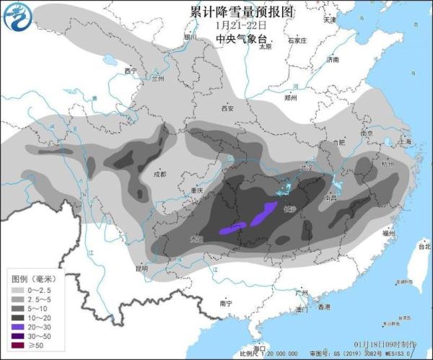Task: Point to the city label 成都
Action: [x=159, y=174]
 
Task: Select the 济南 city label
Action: [x=332, y=61]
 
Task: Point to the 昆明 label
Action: [x=141, y=268]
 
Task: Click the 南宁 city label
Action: [x=226, y=304]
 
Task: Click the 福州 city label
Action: [x=389, y=234]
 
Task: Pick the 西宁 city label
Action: [x=130, y=71]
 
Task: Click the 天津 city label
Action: [x=330, y=19]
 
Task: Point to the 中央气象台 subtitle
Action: [x=236, y=40]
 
